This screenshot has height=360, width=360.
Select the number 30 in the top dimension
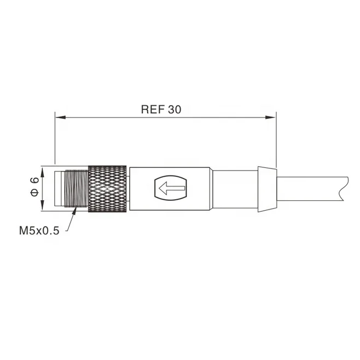pos(174,109)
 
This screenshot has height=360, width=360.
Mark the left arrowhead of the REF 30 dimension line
pos(60,117)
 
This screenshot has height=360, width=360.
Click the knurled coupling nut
pos(108,189)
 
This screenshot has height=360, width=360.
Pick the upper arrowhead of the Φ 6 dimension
pos(43,170)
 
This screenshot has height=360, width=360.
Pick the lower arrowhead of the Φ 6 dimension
pos(43,208)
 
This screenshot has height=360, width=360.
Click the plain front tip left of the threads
pos(59,189)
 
